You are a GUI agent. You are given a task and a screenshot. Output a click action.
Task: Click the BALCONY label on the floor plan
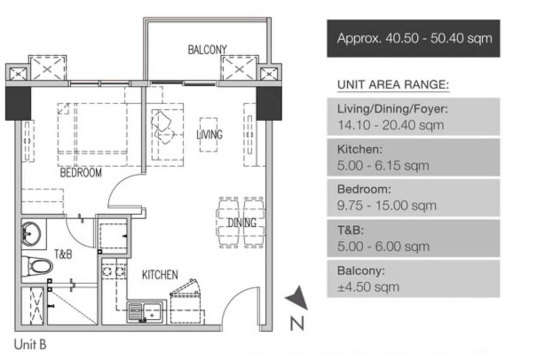point(207,50)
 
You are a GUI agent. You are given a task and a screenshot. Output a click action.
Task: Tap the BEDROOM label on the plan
point(81,172)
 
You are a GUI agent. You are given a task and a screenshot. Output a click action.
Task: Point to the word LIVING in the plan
point(209,134)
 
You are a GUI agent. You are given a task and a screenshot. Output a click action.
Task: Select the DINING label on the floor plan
point(242,223)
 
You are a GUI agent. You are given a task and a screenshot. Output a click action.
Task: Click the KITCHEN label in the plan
point(160,275)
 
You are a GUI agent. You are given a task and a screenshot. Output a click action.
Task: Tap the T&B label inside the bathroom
point(63,254)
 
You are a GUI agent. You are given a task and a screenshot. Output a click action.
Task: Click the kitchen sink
point(145,312)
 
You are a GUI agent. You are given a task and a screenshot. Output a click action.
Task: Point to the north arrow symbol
point(297,298)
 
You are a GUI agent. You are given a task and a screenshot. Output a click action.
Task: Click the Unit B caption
point(30,344)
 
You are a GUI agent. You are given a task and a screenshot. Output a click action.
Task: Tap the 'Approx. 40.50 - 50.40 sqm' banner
point(414,39)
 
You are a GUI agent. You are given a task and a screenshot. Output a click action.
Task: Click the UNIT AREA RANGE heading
point(393,84)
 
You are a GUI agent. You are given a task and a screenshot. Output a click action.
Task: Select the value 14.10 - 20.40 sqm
point(391,125)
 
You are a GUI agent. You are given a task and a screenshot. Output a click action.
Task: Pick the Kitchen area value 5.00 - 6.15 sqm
point(383,166)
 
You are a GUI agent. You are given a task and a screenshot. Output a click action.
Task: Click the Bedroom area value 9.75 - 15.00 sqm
point(387,205)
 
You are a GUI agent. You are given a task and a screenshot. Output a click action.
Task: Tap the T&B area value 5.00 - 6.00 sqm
point(383,246)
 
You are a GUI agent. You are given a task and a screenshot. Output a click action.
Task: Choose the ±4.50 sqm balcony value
point(368,287)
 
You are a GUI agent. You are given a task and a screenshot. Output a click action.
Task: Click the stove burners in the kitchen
point(114,272)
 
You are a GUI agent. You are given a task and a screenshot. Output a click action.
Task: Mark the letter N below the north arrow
point(297,323)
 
